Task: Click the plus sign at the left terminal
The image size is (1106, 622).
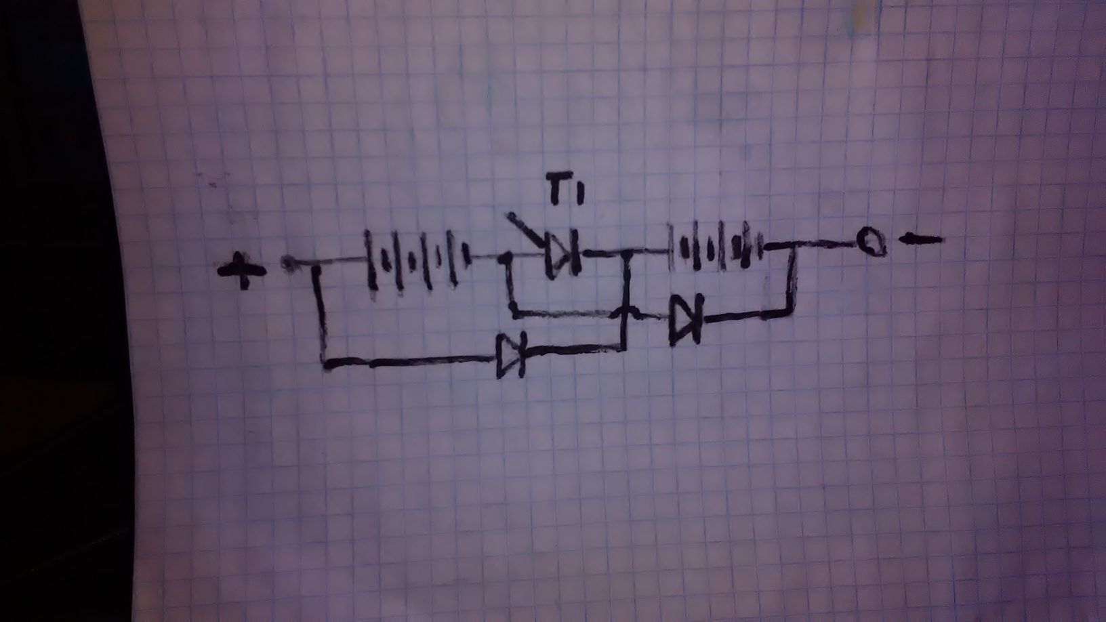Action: pyautogui.click(x=243, y=270)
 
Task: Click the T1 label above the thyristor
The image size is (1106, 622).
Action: pyautogui.click(x=561, y=194)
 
